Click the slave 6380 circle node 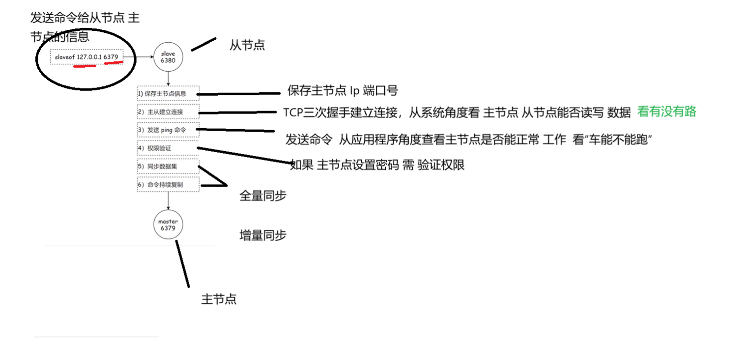(x=168, y=57)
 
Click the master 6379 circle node (x=168, y=225)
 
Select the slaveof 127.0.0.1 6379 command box (x=86, y=56)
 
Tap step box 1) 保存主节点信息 (x=168, y=93)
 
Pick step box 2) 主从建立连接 (x=168, y=111)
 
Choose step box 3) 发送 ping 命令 (x=168, y=130)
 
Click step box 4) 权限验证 (x=168, y=148)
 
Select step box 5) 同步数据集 (x=168, y=166)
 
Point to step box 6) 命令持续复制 (x=168, y=184)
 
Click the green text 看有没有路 (x=666, y=111)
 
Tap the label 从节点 (x=247, y=45)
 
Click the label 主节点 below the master (x=219, y=299)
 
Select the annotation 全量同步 (x=262, y=195)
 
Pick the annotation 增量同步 (x=262, y=235)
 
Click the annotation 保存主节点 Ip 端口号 (x=342, y=91)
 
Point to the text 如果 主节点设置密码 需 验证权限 (x=377, y=165)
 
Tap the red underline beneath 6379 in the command (x=114, y=63)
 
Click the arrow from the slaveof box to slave (x=138, y=57)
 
